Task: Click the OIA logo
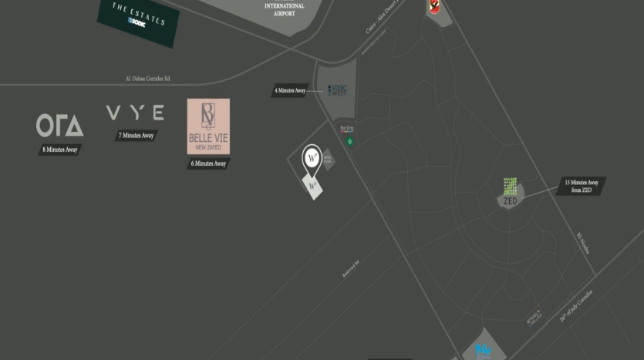(60, 125)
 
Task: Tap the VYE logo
(135, 113)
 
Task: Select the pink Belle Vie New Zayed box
(208, 126)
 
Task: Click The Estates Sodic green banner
(137, 19)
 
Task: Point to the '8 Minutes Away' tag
(60, 149)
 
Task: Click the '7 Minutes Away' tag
(136, 136)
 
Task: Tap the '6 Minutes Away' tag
(208, 163)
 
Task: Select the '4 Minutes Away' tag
(290, 91)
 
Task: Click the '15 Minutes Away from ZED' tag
(581, 186)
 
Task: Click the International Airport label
(285, 9)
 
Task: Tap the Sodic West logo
(337, 90)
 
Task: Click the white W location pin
(312, 157)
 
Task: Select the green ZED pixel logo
(510, 187)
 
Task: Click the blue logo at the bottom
(484, 352)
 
